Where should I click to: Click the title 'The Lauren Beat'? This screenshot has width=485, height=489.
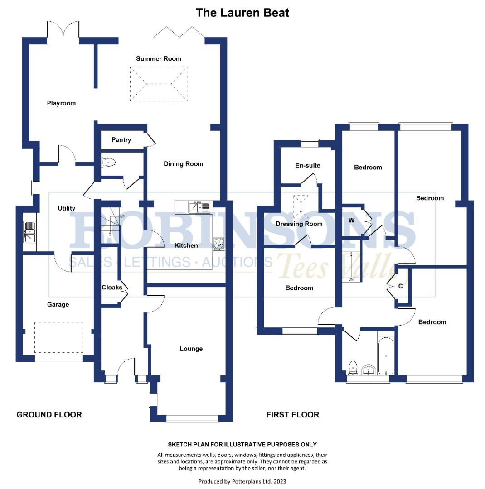[x=242, y=12]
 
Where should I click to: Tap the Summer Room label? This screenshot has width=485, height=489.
[x=159, y=58]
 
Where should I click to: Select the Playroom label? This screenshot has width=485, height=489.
[x=61, y=103]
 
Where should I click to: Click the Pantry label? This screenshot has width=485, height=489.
[x=121, y=140]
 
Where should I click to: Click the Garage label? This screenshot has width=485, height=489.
[x=58, y=305]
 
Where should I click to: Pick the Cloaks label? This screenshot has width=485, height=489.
[x=111, y=288]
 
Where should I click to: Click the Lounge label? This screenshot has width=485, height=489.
[x=191, y=349]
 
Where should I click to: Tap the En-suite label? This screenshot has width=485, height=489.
[x=307, y=165]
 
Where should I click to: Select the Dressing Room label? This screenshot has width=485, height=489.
[x=299, y=224]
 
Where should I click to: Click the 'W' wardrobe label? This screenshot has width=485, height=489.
[x=351, y=221]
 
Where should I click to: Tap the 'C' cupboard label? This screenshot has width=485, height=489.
[x=400, y=286]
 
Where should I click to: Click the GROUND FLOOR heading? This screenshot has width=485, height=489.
[x=49, y=415]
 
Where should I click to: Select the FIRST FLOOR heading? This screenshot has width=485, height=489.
[x=292, y=415]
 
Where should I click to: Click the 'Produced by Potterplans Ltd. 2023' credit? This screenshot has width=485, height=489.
[x=242, y=481]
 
